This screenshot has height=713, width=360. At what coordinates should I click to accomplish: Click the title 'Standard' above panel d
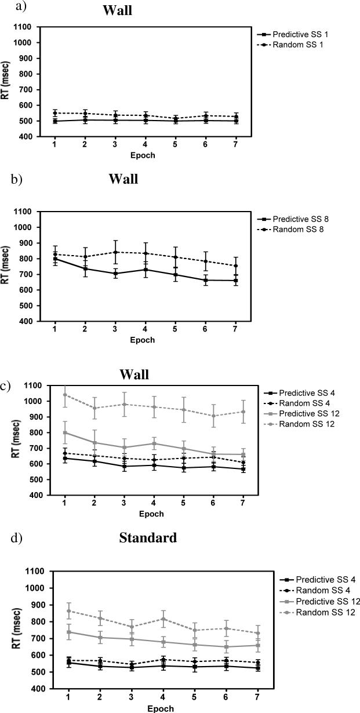(147, 538)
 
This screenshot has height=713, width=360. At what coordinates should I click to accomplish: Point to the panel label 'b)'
(17, 179)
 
